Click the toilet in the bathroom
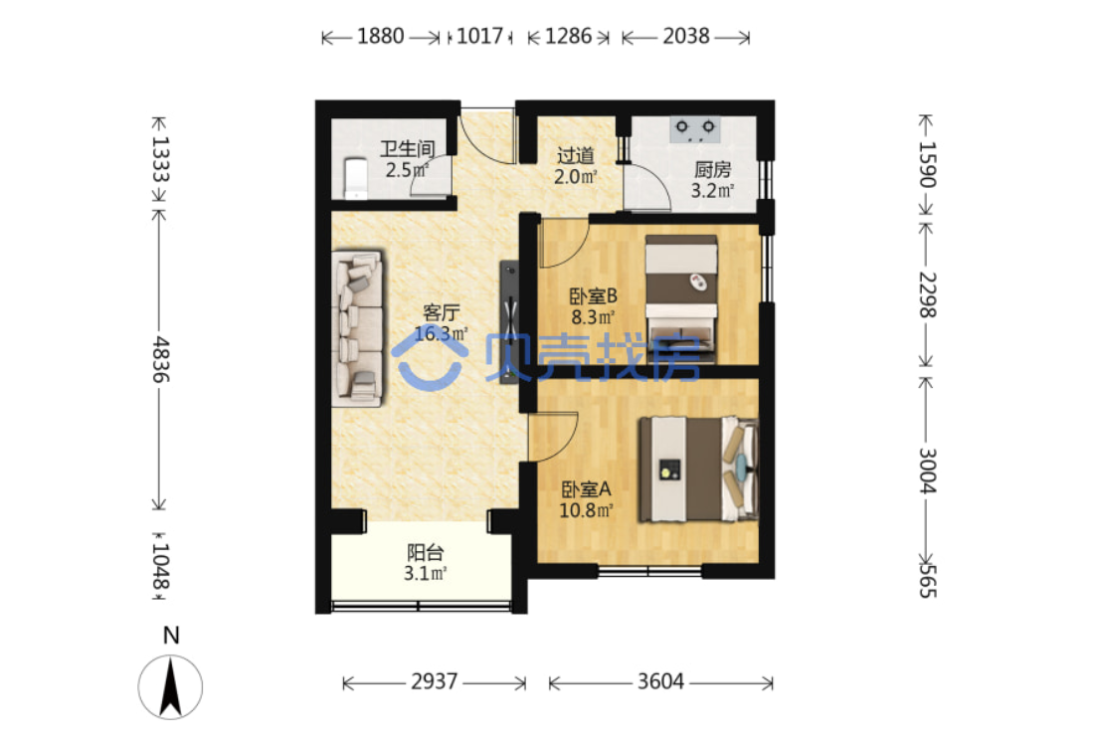(355, 178)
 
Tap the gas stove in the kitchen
(695, 129)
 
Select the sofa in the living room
(358, 328)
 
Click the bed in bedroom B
(681, 299)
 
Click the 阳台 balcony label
(426, 553)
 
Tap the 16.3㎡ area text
(442, 334)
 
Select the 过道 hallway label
(576, 155)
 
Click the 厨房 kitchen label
(712, 169)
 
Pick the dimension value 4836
(161, 360)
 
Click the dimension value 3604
(660, 681)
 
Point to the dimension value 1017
(479, 36)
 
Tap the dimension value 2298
(927, 294)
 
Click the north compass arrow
(171, 688)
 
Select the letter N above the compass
(171, 636)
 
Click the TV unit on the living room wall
(509, 320)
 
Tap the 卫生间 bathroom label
(407, 148)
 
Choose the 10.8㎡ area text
(586, 510)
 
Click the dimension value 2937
(435, 681)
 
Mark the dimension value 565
(927, 581)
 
